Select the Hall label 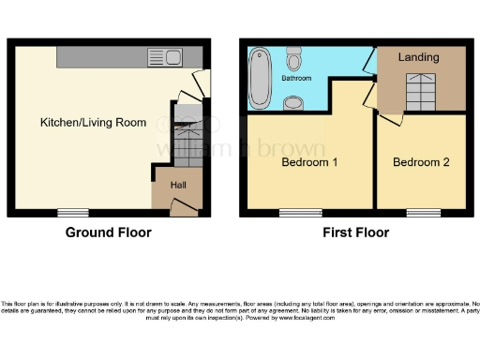pyautogui.click(x=178, y=185)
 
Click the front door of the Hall pyautogui.click(x=184, y=206)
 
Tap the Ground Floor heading pyautogui.click(x=102, y=232)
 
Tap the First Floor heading pyautogui.click(x=356, y=232)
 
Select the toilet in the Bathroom pyautogui.click(x=295, y=63)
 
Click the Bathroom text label pyautogui.click(x=296, y=79)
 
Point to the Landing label pyautogui.click(x=418, y=57)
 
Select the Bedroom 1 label pyautogui.click(x=309, y=162)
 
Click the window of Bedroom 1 pyautogui.click(x=299, y=211)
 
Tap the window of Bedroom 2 pyautogui.click(x=423, y=211)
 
